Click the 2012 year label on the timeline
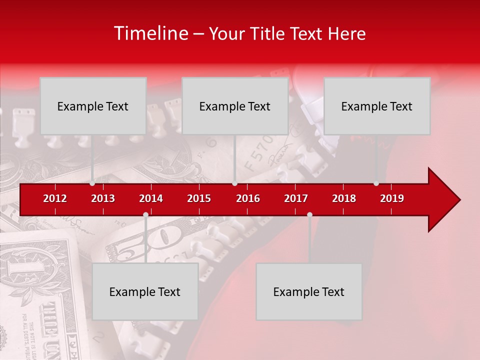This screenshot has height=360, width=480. pyautogui.click(x=55, y=198)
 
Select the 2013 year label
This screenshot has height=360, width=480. pyautogui.click(x=103, y=198)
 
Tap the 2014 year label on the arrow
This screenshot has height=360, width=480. pyautogui.click(x=151, y=198)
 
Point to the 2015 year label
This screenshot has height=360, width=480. pyautogui.click(x=199, y=198)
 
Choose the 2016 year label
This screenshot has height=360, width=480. pyautogui.click(x=248, y=198)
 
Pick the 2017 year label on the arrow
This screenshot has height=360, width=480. pyautogui.click(x=296, y=198)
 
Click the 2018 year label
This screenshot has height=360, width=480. pyautogui.click(x=344, y=198)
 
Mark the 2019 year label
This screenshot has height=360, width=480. pyautogui.click(x=392, y=198)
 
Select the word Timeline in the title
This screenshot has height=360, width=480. pyautogui.click(x=151, y=33)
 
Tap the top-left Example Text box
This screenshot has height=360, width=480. pyautogui.click(x=93, y=106)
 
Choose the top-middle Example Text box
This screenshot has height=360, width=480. pyautogui.click(x=235, y=106)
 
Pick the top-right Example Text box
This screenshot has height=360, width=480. pyautogui.click(x=377, y=106)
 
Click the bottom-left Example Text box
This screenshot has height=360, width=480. pyautogui.click(x=145, y=291)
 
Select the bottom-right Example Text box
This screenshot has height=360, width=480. pyautogui.click(x=309, y=291)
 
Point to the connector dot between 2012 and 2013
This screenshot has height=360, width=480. pyautogui.click(x=92, y=183)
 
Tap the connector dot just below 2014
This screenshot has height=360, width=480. pyautogui.click(x=145, y=214)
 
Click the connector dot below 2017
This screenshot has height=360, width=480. pyautogui.click(x=309, y=214)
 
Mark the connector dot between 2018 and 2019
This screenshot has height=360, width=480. pyautogui.click(x=376, y=183)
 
